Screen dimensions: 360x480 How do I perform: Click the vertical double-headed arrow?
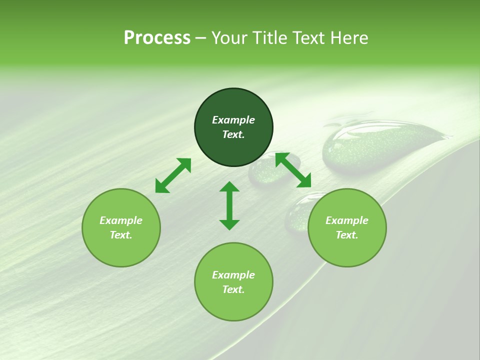pos(229,205)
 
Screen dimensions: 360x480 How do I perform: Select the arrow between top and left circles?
pos(173,175)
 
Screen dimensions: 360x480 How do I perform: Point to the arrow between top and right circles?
pos(293,170)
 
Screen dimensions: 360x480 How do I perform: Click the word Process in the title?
pos(157,38)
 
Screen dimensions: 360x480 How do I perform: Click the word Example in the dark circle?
pos(233,120)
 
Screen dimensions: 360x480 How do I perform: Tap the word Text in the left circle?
pos(121,235)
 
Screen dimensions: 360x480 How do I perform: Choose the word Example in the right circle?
pos(347,220)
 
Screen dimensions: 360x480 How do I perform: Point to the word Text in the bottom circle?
pos(233,289)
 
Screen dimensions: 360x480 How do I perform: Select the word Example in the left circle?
pos(121,220)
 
